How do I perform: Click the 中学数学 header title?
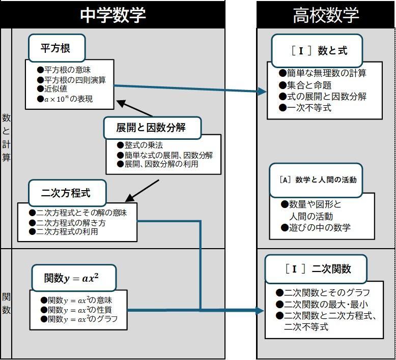pos(112,15)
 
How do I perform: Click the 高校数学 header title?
pos(326,15)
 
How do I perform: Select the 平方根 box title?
pos(55,48)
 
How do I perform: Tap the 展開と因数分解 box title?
pos(151,128)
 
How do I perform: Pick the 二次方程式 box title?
pos(66,193)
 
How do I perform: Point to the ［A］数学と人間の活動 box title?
pos(318,179)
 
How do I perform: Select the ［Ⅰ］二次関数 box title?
pos(318,268)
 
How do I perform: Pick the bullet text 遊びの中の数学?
pos(319,227)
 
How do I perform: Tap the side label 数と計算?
pos(6,137)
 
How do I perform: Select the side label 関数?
pos(6,303)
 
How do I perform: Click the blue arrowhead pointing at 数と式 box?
pos(263,92)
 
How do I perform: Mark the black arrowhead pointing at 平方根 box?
pos(121,103)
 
